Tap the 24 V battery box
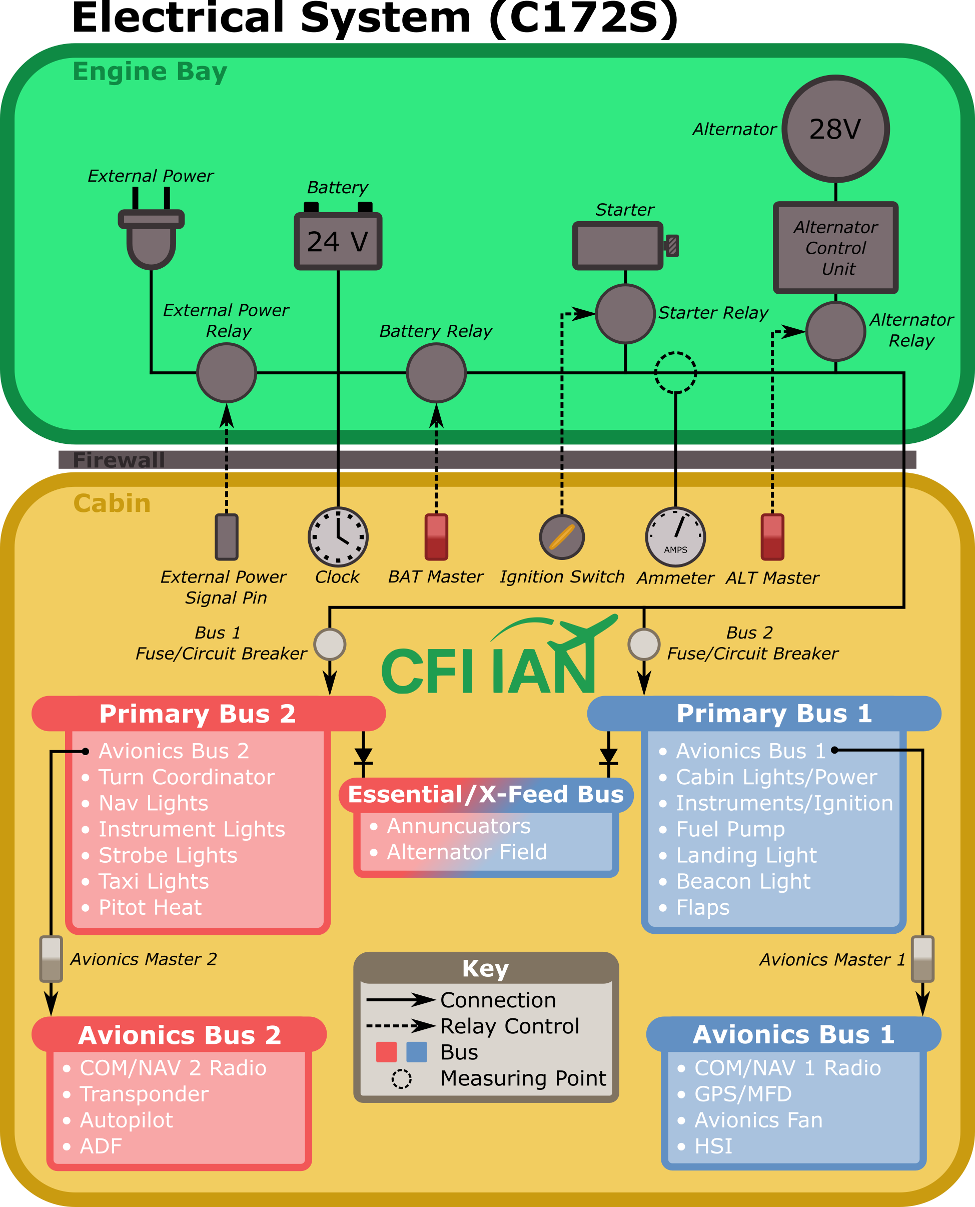coord(338,241)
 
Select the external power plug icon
coord(151,236)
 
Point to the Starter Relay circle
coord(625,313)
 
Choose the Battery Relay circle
coord(436,373)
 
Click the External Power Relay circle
coord(226,373)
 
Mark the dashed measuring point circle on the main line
coord(676,372)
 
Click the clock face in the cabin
coord(338,537)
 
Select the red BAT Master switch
coord(436,537)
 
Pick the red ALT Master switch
coord(772,537)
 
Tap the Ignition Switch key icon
coord(562,537)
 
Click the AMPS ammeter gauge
coord(676,537)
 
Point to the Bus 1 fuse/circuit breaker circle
coord(330,644)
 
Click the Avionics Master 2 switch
coord(51,959)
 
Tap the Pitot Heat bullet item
coord(150,908)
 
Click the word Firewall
coord(119,460)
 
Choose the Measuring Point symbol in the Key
coord(402,1079)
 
